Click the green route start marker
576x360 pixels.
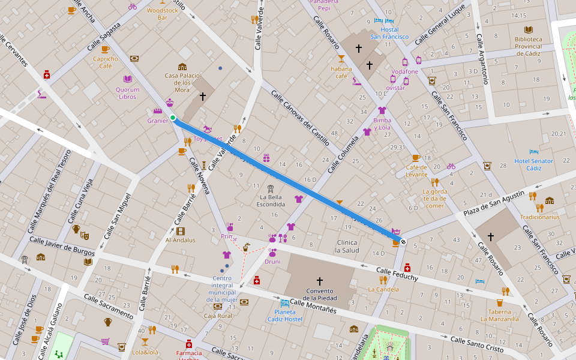[173, 118]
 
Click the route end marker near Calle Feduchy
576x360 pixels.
[403, 242]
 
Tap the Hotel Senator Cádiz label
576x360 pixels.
[533, 164]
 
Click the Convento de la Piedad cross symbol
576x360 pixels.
[319, 281]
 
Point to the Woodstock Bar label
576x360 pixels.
[162, 14]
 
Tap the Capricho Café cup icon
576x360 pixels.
[105, 49]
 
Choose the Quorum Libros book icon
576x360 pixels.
[127, 79]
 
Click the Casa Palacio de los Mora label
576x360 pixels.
[182, 83]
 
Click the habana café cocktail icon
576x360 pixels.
[341, 58]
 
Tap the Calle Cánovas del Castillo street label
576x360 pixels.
[300, 118]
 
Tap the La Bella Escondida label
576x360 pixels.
[271, 200]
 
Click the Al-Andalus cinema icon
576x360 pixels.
[181, 231]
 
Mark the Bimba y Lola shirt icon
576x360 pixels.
[382, 110]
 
